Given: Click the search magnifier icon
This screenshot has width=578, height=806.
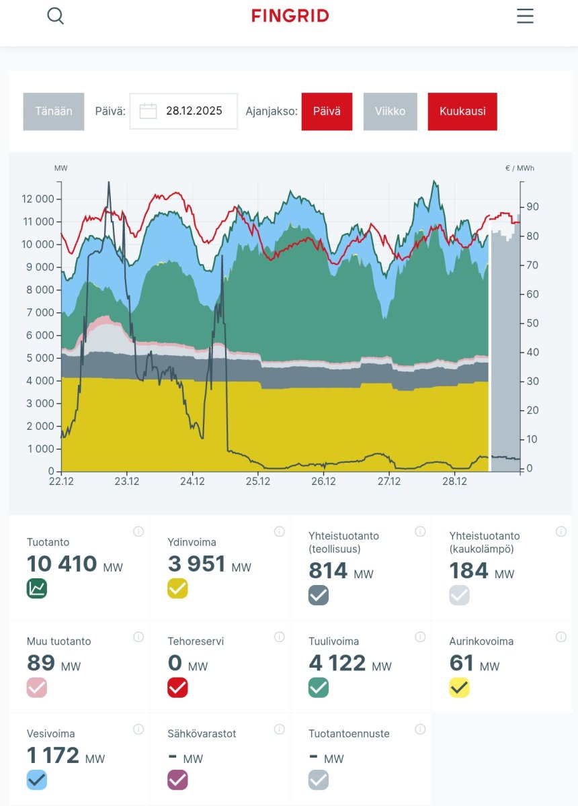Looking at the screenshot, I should [x=56, y=16].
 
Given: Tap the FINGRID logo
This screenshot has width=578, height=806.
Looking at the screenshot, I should [x=290, y=15].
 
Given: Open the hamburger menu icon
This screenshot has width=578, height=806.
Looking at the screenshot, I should [x=525, y=16].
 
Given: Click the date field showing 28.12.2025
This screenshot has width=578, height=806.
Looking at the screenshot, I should [x=183, y=111].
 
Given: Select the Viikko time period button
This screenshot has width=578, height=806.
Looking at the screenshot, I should [x=390, y=111].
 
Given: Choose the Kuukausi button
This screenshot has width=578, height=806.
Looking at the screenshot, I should [x=462, y=111].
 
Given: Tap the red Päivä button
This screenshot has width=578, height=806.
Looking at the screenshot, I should [x=327, y=111].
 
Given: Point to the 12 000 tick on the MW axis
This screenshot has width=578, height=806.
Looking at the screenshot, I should [x=38, y=199].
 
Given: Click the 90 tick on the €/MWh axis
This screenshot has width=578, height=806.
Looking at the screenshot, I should [x=532, y=207].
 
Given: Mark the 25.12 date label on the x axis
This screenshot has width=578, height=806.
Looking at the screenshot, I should [x=258, y=482].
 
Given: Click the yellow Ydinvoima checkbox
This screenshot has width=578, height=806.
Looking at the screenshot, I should [x=177, y=588].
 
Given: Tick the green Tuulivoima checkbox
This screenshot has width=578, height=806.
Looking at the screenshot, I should [x=319, y=688].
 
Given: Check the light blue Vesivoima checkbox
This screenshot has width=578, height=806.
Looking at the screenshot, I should [x=36, y=780].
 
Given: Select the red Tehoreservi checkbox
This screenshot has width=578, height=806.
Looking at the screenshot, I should [x=177, y=688].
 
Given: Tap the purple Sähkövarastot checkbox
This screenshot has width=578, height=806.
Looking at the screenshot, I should [x=177, y=780].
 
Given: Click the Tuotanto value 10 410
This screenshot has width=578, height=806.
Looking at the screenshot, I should [x=62, y=564].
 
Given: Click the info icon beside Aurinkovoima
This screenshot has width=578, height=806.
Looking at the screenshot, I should [x=561, y=637].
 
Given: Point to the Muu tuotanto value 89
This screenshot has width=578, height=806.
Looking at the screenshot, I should [x=41, y=663].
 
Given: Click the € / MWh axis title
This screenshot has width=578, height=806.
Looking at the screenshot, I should [x=520, y=169].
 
